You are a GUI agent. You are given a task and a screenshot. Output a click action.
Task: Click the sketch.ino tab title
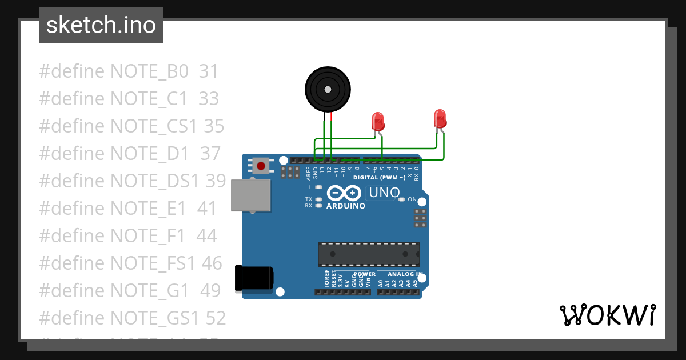point(101,25)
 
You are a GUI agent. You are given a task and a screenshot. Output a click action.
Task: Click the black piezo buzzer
point(327,89)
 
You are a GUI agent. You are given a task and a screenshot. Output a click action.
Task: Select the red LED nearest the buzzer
point(377,121)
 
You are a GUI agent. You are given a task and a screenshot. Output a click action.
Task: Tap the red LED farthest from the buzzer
point(440,118)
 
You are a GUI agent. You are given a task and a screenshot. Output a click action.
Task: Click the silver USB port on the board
point(250,195)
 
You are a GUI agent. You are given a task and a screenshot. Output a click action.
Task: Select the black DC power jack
point(254,279)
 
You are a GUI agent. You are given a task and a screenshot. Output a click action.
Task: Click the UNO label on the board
point(384,193)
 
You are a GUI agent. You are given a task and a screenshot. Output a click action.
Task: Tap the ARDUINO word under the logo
point(345,206)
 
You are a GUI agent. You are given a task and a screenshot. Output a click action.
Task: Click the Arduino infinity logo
point(345,193)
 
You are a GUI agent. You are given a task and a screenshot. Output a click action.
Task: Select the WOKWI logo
point(607,315)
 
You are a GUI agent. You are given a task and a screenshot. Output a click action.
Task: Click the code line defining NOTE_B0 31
point(129,71)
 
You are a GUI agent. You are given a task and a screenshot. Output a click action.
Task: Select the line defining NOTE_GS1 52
point(132,318)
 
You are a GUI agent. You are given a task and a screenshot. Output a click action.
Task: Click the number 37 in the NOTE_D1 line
point(210,154)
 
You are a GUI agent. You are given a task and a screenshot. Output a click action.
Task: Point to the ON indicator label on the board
point(412,199)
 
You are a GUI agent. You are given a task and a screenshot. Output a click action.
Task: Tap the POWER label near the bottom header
point(364,274)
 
